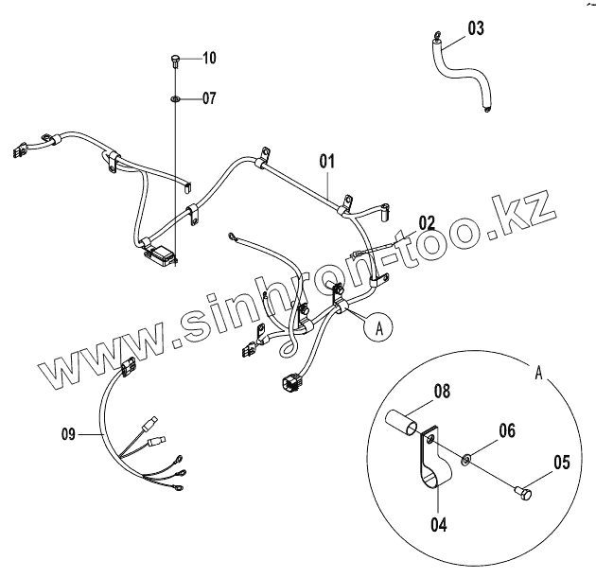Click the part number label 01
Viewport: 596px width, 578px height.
[327, 161]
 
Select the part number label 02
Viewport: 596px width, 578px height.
[428, 223]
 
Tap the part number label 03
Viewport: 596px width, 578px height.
[475, 27]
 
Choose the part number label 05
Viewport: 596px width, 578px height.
[561, 463]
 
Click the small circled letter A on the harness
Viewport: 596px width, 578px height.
[378, 328]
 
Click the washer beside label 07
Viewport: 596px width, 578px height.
[176, 97]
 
